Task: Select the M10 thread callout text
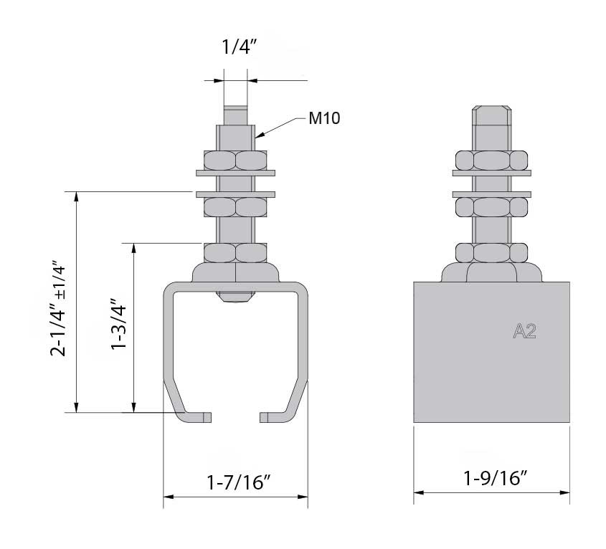(x=324, y=119)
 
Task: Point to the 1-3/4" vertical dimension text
(x=118, y=328)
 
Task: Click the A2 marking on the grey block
(x=525, y=330)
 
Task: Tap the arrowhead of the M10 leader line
(x=257, y=133)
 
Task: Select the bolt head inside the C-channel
(x=235, y=297)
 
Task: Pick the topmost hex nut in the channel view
(x=235, y=159)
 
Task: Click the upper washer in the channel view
(x=235, y=172)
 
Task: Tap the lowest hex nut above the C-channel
(x=235, y=252)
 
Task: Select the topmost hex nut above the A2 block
(x=492, y=159)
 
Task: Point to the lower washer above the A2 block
(x=492, y=193)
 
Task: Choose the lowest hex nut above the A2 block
(x=492, y=252)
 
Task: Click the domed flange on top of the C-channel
(x=235, y=273)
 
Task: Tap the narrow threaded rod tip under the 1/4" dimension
(x=235, y=114)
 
